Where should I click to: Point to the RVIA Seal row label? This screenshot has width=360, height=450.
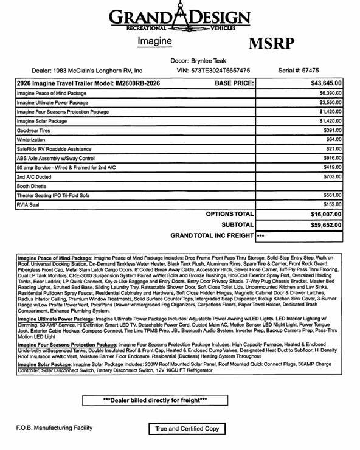coord(32,205)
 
